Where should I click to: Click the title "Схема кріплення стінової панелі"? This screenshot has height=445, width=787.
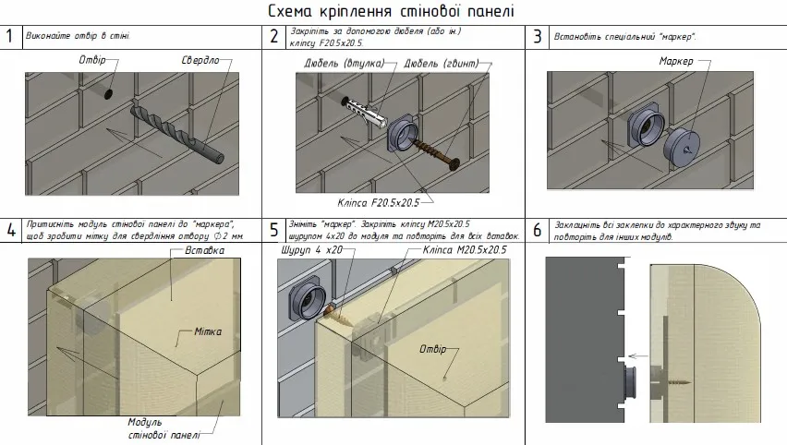[x=392, y=11]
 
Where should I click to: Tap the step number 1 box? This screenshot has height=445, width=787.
[x=10, y=36]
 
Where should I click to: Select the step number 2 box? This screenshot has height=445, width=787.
[x=274, y=37]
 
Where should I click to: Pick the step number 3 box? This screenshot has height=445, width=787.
[x=537, y=37]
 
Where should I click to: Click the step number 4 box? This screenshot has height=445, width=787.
[x=10, y=230]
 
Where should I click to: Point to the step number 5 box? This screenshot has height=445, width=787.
[x=274, y=230]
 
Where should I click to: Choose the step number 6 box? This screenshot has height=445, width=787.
[x=537, y=230]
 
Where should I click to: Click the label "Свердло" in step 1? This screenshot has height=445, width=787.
[x=200, y=60]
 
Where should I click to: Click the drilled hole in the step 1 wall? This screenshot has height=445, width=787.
[x=109, y=94]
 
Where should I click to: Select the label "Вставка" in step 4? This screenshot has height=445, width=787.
[x=204, y=250]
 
